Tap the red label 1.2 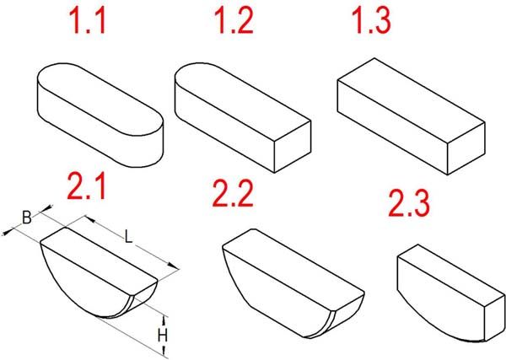tap(234, 20)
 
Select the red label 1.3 tap(374, 20)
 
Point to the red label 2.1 tap(86, 186)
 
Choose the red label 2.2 tap(233, 194)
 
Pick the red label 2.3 tap(408, 203)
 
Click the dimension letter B tap(27, 218)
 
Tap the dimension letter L tap(129, 237)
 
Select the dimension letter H tap(163, 336)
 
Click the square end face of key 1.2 tap(293, 147)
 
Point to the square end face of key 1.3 tap(466, 148)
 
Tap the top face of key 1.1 tap(100, 99)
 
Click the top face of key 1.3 tap(411, 100)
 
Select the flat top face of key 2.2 tap(293, 270)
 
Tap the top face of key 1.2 tap(242, 101)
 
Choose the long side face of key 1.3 tap(392, 127)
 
